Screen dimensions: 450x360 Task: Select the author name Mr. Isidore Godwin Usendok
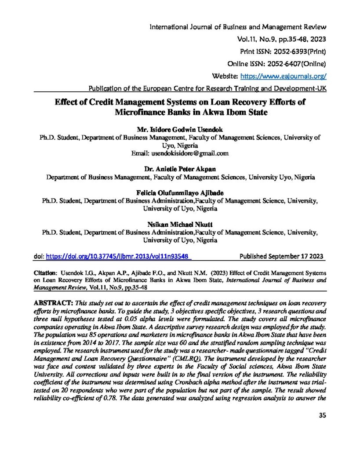(180, 130)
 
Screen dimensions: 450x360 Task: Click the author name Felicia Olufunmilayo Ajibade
(180, 193)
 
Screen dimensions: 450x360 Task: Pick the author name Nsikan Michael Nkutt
(180, 225)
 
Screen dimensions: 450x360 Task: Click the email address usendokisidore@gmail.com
(180, 154)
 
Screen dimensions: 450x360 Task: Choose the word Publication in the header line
(107, 88)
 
